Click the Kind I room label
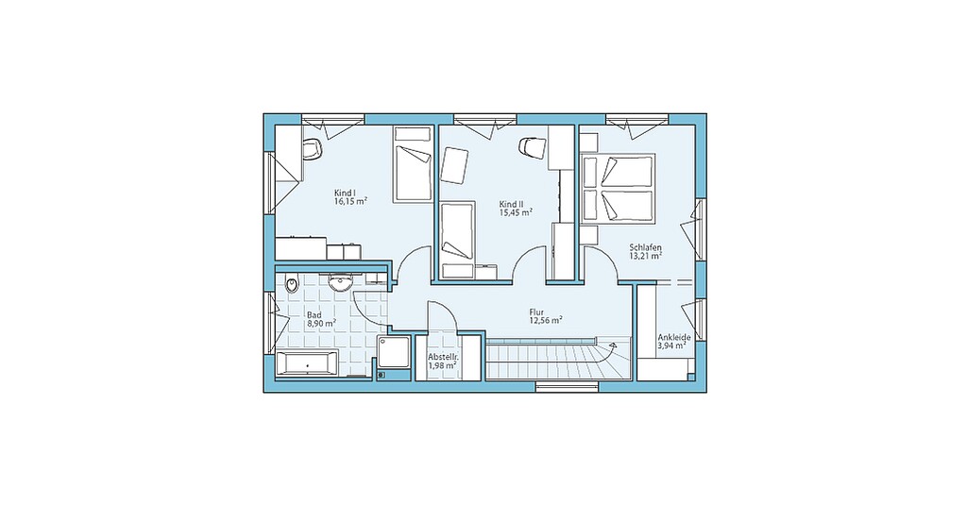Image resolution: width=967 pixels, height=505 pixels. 346,192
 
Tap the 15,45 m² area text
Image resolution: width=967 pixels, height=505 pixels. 516,212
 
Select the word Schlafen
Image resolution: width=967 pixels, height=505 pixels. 646,247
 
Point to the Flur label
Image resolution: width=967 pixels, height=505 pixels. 536,311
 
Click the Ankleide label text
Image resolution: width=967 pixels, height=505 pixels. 673,337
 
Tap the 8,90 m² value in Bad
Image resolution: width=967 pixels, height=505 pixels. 321,323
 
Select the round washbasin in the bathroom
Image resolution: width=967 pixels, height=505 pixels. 340,283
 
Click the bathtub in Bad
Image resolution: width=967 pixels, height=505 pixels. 307,363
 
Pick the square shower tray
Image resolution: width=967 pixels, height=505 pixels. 394,352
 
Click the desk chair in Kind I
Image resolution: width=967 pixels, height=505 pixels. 314,148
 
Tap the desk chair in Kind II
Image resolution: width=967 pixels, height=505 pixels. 531,146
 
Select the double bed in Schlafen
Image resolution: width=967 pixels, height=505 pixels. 618,189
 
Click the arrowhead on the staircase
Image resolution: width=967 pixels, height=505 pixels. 612,346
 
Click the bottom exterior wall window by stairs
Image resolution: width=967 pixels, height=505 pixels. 568,387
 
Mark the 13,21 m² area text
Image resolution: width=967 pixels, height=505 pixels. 646,255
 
